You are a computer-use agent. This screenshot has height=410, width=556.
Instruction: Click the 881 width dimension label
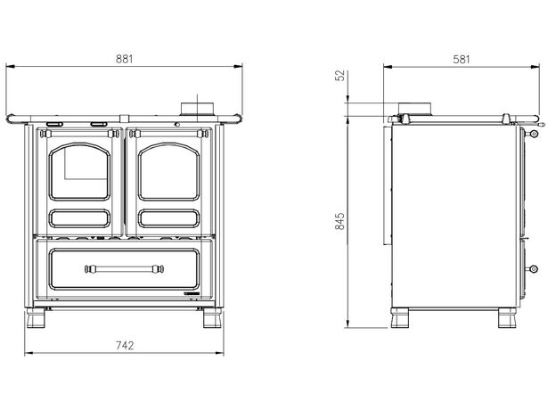(x=125, y=59)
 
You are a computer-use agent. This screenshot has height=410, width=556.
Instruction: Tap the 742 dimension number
(x=125, y=345)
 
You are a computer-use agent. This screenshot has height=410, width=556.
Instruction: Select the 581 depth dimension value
(x=462, y=59)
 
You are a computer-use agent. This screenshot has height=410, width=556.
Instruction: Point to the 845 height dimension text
(x=339, y=221)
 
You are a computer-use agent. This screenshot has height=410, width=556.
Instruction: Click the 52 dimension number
(x=339, y=76)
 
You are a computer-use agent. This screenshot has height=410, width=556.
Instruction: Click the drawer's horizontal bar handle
(x=124, y=269)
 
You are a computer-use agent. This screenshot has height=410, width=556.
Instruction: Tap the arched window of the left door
(x=79, y=172)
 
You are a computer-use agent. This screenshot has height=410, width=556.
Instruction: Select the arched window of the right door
(x=168, y=172)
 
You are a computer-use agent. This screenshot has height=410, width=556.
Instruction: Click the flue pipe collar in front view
(x=198, y=109)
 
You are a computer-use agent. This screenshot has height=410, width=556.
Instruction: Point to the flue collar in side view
(x=414, y=109)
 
